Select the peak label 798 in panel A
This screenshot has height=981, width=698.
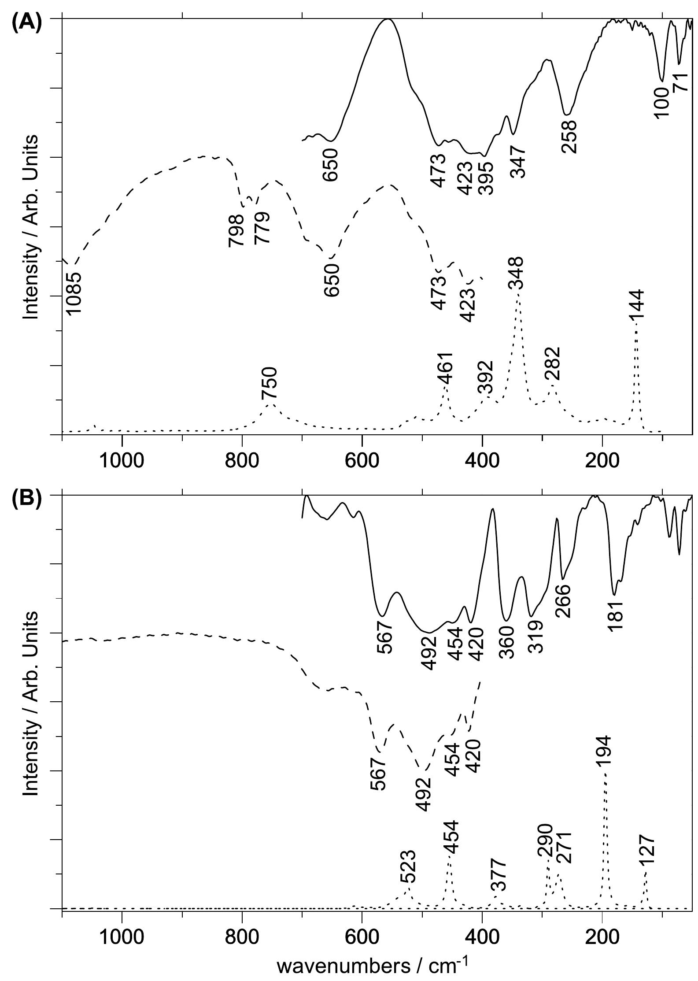pos(236,230)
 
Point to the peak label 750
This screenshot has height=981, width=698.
pos(270,384)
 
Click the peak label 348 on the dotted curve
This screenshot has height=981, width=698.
pos(516,273)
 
